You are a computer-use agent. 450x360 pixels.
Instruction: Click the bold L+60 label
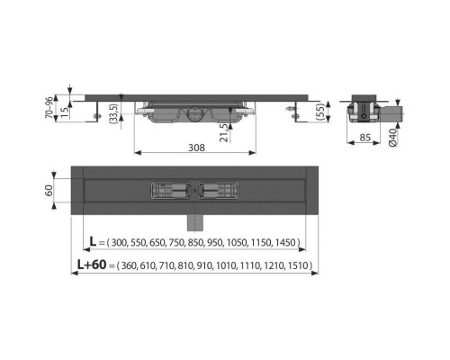click(91, 265)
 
